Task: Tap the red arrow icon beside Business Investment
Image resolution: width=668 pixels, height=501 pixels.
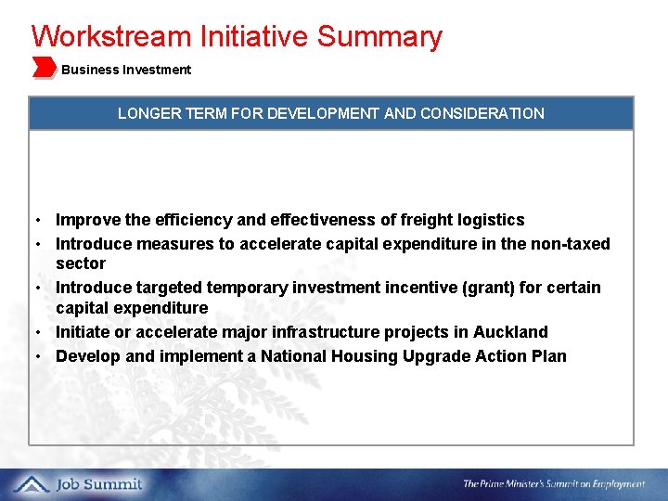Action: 44,67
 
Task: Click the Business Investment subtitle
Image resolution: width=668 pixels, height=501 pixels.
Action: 126,70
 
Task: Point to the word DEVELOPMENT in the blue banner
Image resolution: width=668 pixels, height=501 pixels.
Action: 323,113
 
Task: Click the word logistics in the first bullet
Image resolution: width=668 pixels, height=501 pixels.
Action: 490,220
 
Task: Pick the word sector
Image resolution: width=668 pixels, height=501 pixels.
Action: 81,263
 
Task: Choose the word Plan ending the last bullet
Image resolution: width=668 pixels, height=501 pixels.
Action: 549,356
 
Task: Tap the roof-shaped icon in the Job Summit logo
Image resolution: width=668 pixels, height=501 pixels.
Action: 32,483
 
